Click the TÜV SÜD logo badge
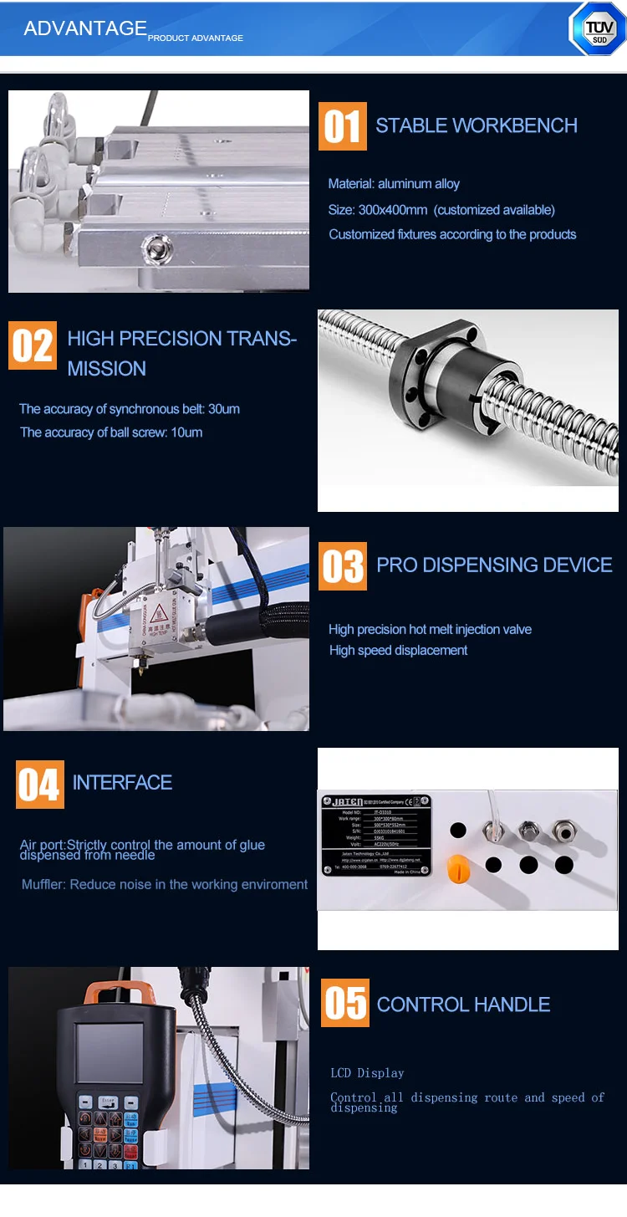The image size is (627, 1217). [597, 29]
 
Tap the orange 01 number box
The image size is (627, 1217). [343, 126]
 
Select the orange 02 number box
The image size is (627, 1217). [33, 345]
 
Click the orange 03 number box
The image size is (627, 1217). [343, 566]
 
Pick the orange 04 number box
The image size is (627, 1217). [39, 785]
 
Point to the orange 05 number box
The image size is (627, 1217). [345, 1003]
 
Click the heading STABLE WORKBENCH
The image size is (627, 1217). [477, 125]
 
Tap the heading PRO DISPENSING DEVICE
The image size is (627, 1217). [494, 565]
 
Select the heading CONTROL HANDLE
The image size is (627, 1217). [463, 1005]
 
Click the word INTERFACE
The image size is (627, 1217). [122, 783]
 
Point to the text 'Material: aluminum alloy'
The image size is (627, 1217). [394, 184]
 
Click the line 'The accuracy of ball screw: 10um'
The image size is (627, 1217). [111, 432]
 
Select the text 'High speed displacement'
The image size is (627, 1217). [398, 651]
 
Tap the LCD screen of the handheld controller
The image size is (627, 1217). [109, 1053]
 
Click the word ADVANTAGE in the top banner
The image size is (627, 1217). [85, 28]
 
